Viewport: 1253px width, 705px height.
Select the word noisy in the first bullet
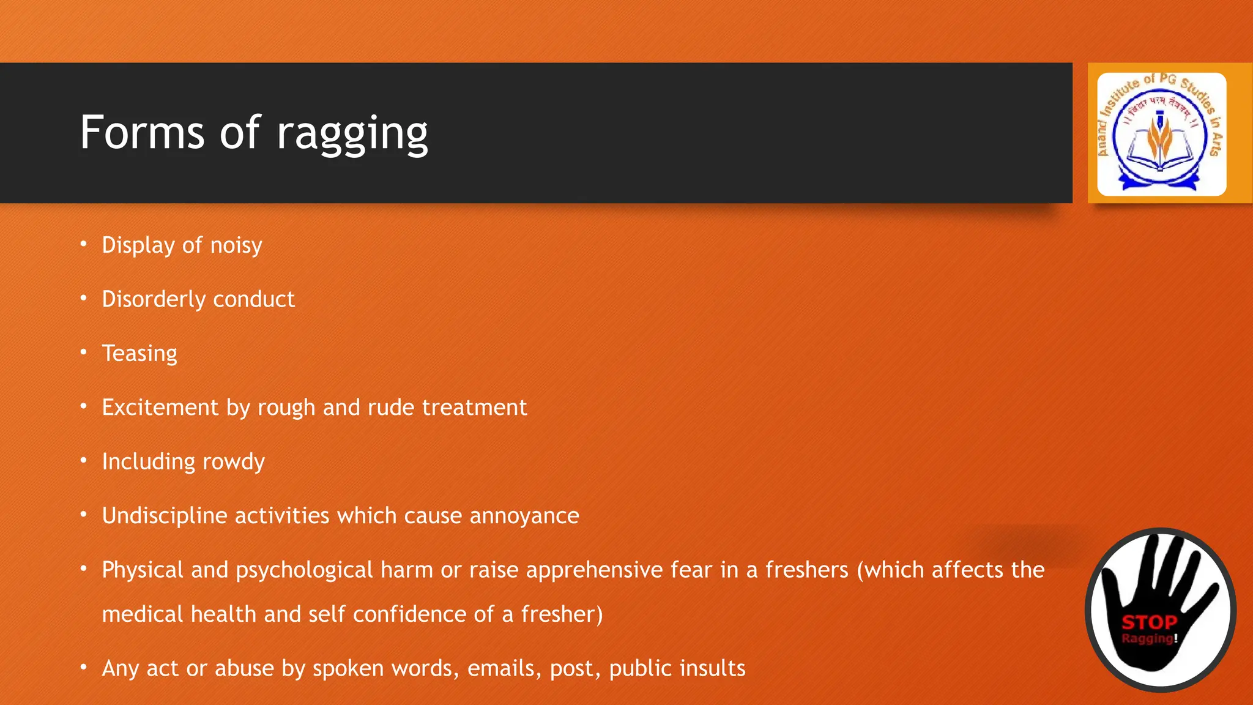(236, 246)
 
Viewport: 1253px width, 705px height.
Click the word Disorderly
(154, 299)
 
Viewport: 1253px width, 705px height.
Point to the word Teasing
(139, 354)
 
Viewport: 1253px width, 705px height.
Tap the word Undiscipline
(165, 516)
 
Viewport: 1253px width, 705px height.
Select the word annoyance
(524, 516)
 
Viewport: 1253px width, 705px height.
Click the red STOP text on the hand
(1149, 623)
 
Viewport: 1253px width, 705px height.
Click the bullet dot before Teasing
(84, 352)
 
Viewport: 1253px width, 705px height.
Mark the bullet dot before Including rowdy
(84, 460)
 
